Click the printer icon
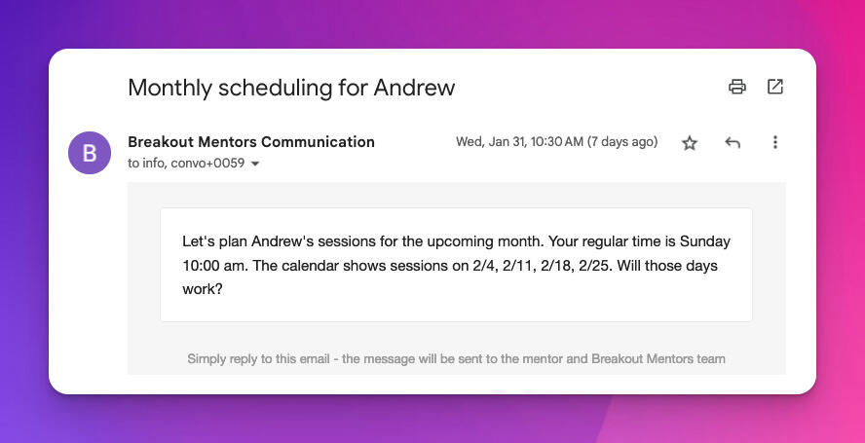click(737, 87)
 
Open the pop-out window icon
click(775, 87)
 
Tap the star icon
click(690, 143)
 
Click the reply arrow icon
click(733, 142)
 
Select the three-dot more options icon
click(775, 142)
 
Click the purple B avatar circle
click(90, 153)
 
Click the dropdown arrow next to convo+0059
click(255, 164)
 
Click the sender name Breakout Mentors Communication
click(251, 142)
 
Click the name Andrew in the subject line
click(414, 88)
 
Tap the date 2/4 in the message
click(484, 266)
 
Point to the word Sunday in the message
click(705, 241)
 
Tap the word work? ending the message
click(203, 289)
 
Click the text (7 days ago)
click(622, 142)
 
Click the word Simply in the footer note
click(206, 359)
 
